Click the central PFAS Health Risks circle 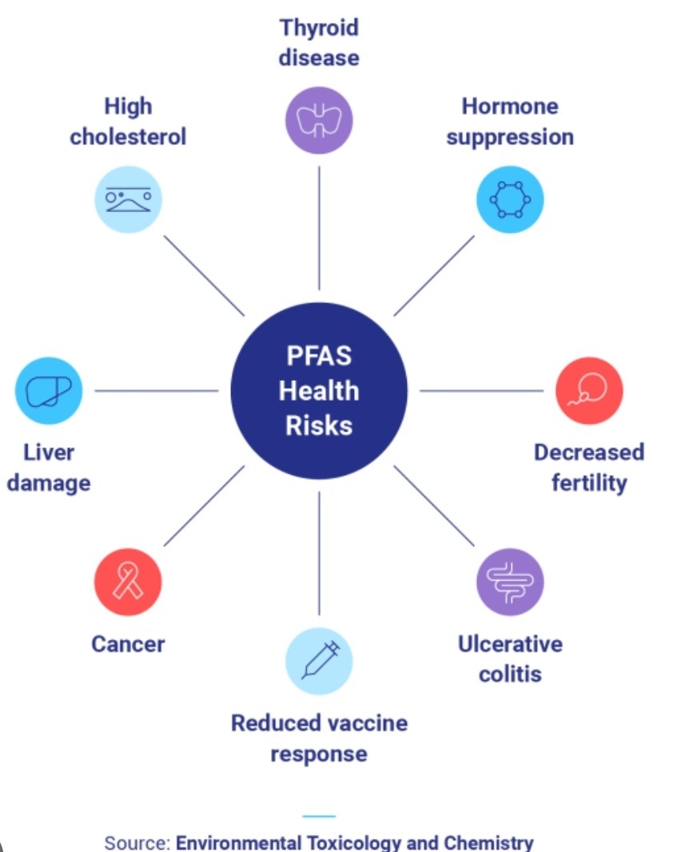pos(319,390)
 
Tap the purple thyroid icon pos(319,120)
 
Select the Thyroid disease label pos(319,42)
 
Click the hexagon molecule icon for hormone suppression pos(510,199)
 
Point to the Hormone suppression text pos(510,121)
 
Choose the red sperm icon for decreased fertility pos(589,390)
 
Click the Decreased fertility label pos(589,467)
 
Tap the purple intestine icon pos(510,582)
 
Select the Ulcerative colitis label pos(510,658)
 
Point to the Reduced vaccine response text pos(319,738)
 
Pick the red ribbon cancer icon pos(128,582)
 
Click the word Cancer pos(128,644)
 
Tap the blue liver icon pos(49,390)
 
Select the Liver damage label pos(49,467)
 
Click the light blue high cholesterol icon pos(128,199)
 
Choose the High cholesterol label pos(128,121)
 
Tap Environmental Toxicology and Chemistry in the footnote pos(354,842)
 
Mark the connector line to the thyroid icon pos(319,228)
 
